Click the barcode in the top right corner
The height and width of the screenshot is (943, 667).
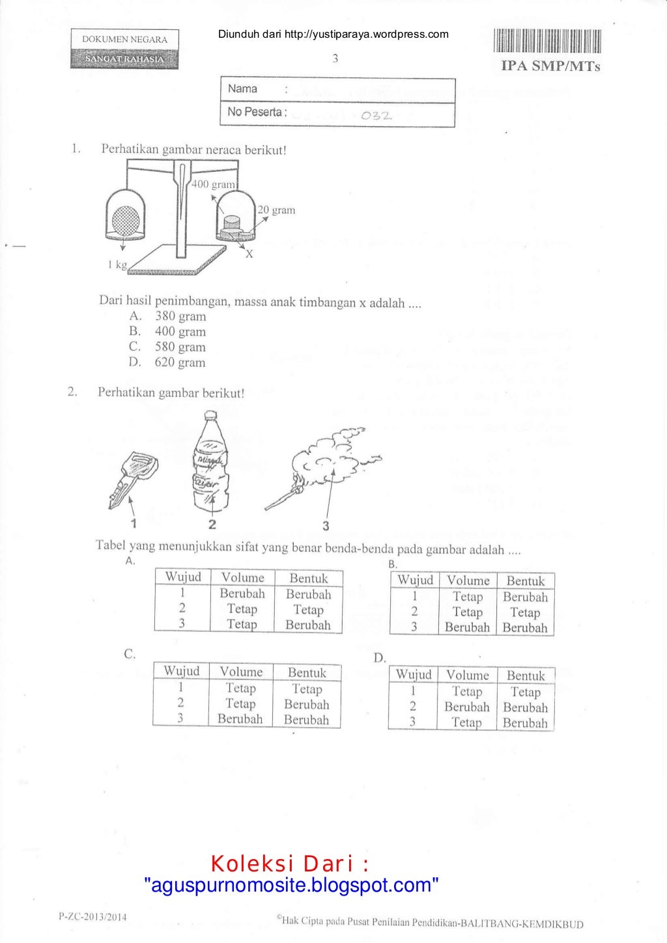tap(547, 41)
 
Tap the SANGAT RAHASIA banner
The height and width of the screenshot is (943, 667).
tap(124, 59)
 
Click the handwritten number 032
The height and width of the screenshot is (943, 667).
tap(376, 116)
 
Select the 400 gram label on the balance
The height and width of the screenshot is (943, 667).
tap(213, 184)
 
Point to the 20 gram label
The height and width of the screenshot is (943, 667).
tap(276, 210)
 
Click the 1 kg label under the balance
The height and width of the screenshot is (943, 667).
tap(117, 264)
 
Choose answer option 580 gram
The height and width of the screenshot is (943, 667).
tap(180, 347)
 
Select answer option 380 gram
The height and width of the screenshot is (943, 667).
tap(180, 316)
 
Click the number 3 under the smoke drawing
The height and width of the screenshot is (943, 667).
tap(326, 526)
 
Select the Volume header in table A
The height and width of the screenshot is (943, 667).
tap(242, 577)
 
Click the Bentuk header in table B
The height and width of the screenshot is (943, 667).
tap(525, 581)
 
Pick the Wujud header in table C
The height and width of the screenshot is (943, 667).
tap(182, 671)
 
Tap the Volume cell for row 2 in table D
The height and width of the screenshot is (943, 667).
tap(466, 707)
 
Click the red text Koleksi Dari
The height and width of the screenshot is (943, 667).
tap(290, 864)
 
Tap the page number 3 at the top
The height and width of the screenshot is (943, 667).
tap(335, 59)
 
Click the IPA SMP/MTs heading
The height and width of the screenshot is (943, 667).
tap(550, 66)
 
